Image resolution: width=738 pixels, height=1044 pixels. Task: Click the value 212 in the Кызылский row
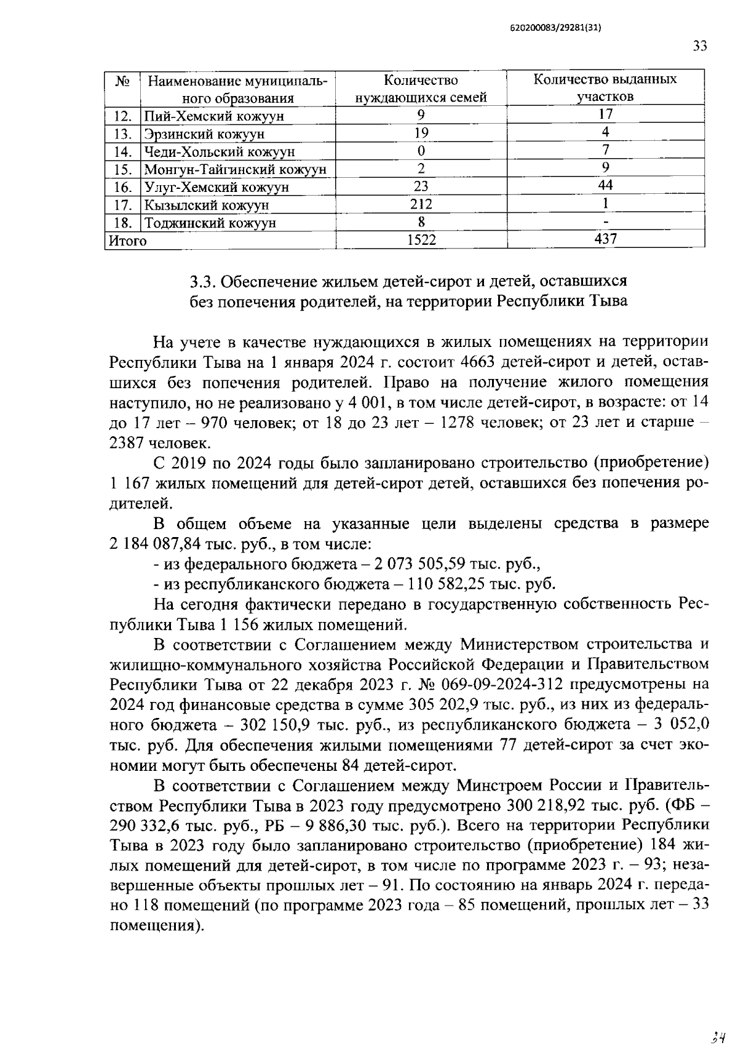421,204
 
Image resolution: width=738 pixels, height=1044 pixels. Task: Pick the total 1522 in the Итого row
421,240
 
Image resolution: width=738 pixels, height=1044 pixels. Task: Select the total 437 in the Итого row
605,239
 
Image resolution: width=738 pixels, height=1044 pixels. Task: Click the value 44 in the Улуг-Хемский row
605,185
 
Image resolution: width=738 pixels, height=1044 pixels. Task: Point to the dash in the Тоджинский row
606,221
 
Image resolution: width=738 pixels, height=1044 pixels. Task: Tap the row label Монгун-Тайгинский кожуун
235,170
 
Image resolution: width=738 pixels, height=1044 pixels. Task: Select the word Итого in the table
128,241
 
